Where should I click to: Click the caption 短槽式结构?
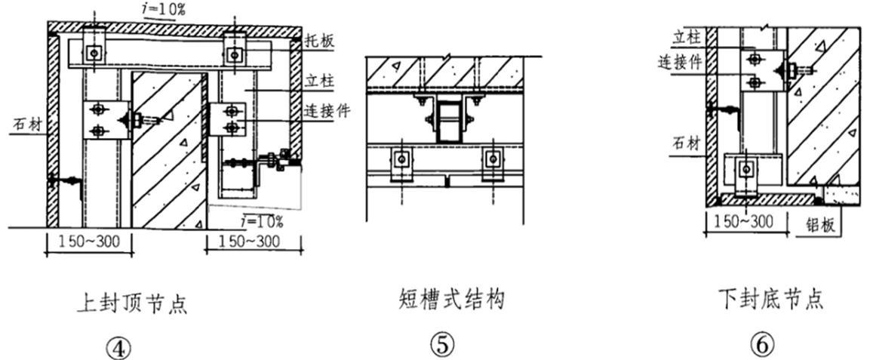[x=451, y=300]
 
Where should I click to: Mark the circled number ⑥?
[x=762, y=345]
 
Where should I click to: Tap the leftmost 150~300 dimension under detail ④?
[x=89, y=242]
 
